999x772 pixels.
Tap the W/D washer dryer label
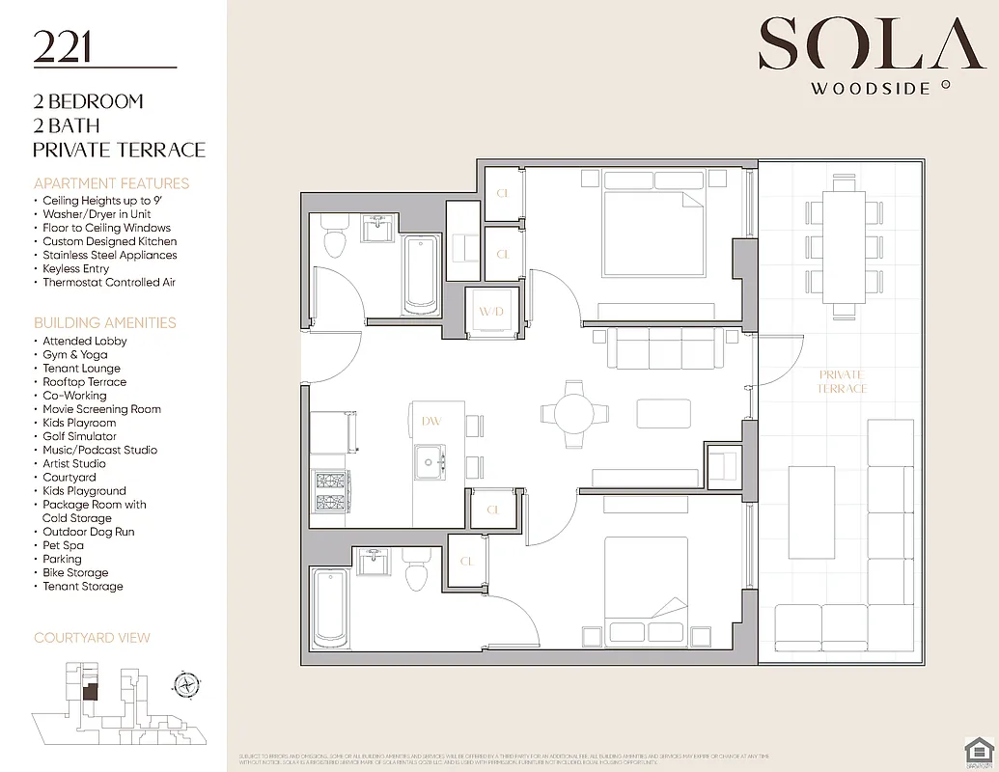click(x=490, y=312)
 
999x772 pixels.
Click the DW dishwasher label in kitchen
click(x=430, y=421)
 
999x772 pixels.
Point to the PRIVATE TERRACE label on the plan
click(x=842, y=381)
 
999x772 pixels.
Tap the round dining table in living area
click(x=574, y=413)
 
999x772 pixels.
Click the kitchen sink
click(x=430, y=461)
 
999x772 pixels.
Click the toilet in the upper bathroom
click(x=335, y=239)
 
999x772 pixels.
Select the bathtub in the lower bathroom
click(x=330, y=607)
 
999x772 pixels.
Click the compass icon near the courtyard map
click(x=184, y=684)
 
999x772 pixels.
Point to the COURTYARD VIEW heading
click(x=92, y=638)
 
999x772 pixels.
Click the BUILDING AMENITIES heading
click(x=105, y=322)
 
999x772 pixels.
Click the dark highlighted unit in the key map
click(x=89, y=691)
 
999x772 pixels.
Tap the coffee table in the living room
click(x=663, y=413)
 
